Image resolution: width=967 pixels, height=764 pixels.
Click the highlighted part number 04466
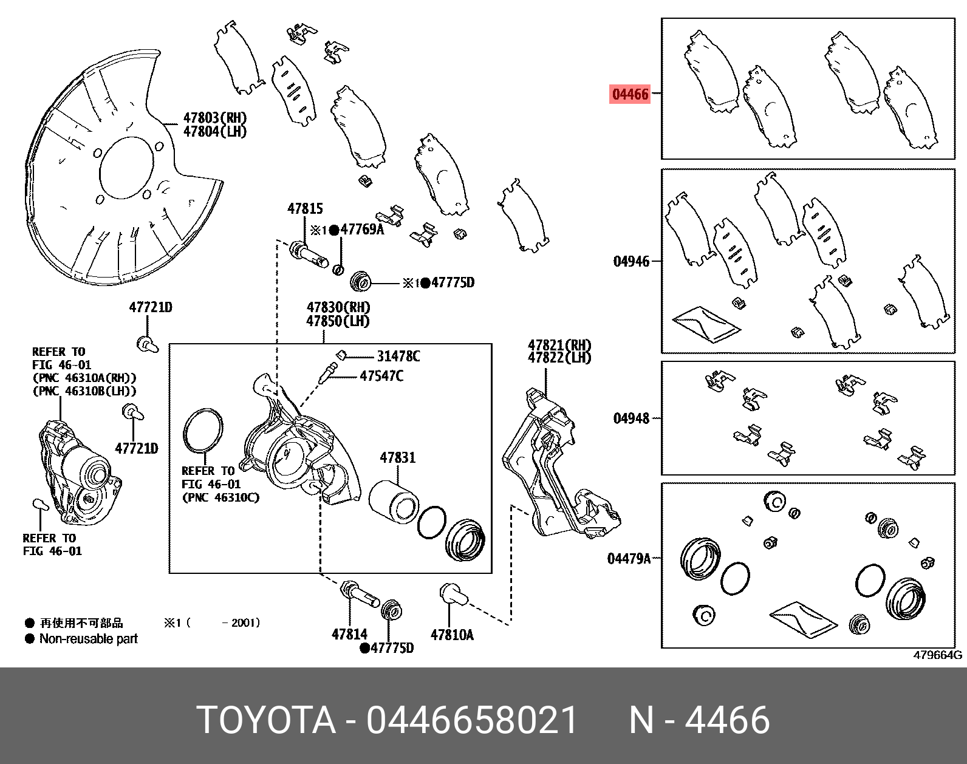pos(630,94)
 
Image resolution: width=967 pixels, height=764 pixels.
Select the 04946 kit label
pos(631,261)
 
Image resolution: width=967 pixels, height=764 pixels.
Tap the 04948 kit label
pos(631,418)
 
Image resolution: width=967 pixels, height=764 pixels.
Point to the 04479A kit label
pos(629,558)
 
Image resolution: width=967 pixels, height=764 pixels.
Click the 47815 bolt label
pos(305,209)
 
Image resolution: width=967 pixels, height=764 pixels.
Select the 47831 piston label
pos(397,457)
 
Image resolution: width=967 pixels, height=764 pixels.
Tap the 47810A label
pos(452,635)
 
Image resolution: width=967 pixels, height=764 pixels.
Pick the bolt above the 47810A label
pos(452,593)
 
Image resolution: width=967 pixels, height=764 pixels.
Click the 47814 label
pos(349,634)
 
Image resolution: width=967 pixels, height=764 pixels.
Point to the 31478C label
pos(398,356)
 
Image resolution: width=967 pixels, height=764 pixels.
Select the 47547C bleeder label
pos(381,376)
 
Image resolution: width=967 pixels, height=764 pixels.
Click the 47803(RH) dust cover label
pos(215,118)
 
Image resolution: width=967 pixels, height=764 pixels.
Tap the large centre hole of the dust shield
pos(126,168)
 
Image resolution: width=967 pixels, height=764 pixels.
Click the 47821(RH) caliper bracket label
pos(559,345)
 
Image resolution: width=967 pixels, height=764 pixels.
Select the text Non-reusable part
pos(89,639)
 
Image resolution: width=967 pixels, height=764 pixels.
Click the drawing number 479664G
pos(937,655)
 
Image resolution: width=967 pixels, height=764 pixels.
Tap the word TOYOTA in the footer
pos(266,720)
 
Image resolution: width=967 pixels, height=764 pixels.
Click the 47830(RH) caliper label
pos(338,308)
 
